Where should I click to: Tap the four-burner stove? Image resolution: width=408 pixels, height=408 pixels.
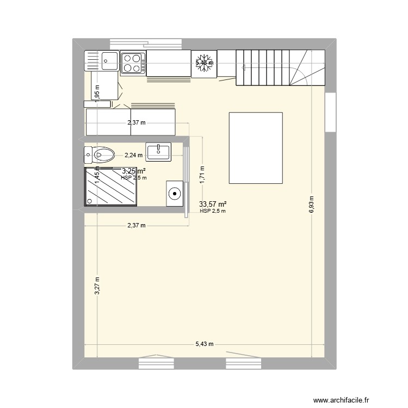[x=133, y=63]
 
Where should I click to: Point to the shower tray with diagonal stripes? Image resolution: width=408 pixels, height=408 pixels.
[x=110, y=187]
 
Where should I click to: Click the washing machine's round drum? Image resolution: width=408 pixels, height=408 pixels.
[x=175, y=193]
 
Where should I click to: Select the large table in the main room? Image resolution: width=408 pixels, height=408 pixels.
[x=256, y=148]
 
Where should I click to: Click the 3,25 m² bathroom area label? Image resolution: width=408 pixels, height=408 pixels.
[x=133, y=171]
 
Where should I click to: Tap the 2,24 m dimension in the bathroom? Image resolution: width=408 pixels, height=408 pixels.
[x=134, y=155]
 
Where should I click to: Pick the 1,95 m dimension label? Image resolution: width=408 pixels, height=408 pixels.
[x=97, y=94]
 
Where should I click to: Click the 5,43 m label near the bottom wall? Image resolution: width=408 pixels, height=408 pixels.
[x=205, y=344]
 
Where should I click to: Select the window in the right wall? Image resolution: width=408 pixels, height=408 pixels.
[x=330, y=112]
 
